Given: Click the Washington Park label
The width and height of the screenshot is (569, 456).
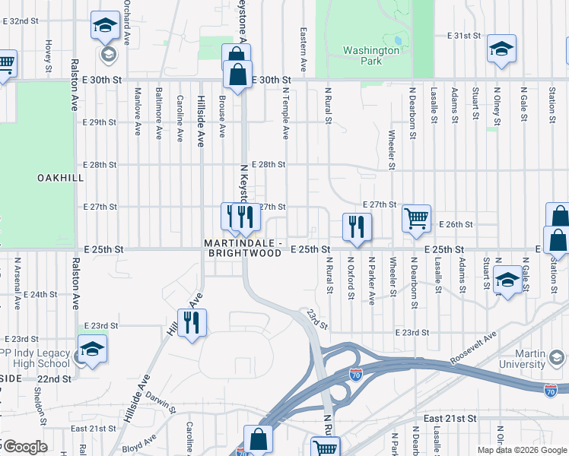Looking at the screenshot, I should coord(370,55).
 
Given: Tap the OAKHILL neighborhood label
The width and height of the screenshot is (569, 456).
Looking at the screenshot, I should coord(59,177).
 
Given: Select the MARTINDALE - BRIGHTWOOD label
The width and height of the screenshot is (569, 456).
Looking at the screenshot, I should coord(243,249).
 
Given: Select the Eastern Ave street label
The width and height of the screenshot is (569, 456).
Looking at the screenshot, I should coord(303,50).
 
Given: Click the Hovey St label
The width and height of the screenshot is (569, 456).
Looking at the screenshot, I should coord(47,52).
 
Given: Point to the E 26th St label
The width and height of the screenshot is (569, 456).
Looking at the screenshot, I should coord(456,225).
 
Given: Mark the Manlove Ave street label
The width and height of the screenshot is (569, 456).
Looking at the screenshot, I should coord(138,112).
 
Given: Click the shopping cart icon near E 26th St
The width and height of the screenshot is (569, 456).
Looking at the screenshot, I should coord(416,219).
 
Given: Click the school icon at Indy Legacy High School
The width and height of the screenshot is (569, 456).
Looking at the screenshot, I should coord(92,350).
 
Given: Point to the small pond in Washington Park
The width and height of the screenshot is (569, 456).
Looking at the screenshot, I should coord(397,40).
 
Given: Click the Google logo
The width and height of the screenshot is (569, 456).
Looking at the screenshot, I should coord(24,447).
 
